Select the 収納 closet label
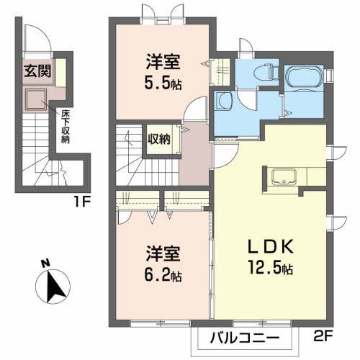(159, 140)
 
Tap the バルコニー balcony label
(245, 336)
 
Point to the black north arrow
(53, 287)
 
